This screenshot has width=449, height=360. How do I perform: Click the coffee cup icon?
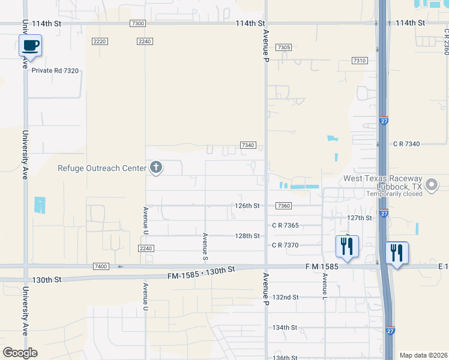31,45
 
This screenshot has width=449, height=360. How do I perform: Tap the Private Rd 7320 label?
55,70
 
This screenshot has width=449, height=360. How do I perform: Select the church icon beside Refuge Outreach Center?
156,167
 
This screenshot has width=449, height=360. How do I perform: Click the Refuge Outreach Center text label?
101,168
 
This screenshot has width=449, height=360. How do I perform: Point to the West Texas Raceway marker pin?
431,185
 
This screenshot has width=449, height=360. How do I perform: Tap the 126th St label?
247,206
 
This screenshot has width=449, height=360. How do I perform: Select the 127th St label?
360,218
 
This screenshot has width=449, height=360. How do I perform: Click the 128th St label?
247,236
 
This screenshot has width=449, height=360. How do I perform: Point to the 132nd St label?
285,297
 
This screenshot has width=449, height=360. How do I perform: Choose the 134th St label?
285,328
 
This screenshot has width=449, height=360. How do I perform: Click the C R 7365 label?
285,226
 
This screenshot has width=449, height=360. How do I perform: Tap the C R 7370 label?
285,245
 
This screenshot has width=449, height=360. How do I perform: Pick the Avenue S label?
205,247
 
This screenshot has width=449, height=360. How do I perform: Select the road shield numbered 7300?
137,23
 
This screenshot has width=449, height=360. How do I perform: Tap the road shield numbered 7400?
101,266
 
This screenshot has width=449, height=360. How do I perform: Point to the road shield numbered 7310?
359,61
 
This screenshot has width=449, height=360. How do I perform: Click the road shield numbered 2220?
100,41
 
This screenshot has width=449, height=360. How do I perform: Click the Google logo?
20,353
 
